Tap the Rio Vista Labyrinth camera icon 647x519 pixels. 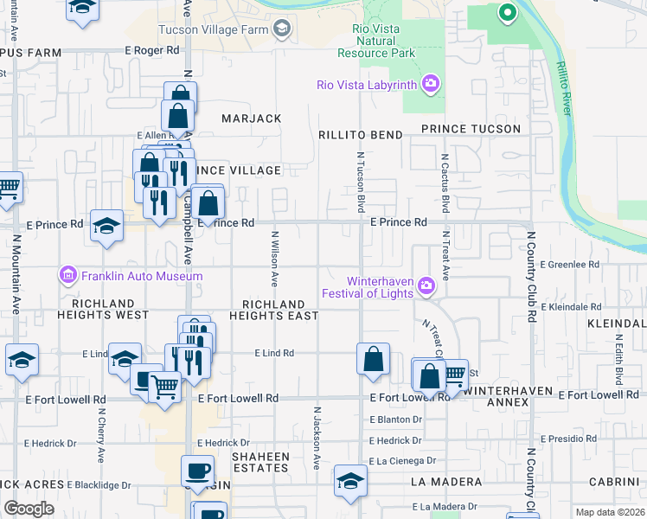pos(430,85)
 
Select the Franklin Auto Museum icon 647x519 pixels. pos(68,276)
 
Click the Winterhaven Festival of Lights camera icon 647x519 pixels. pos(425,285)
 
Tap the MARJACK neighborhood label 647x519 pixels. pos(251,118)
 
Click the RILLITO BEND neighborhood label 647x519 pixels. pos(360,135)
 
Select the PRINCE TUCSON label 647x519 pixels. pos(471,129)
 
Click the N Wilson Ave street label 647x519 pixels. pos(275,258)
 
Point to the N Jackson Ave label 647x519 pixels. pos(317,439)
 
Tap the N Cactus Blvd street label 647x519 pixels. pos(445,183)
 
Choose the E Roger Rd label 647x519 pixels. pos(151,51)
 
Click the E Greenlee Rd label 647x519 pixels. pos(569,264)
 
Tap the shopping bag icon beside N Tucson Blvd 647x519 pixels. pos(373,359)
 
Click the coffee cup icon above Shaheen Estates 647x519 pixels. pos(198,471)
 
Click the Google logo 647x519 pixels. pos(29,509)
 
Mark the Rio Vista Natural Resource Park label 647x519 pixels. pos(377,41)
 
